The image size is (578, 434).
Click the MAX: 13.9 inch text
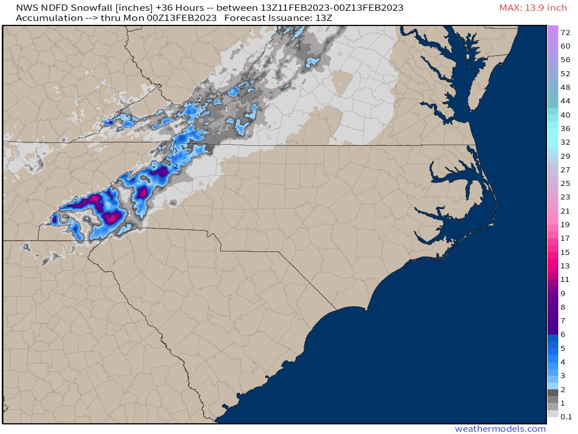tap(533, 8)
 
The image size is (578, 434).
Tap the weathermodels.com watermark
tap(500, 429)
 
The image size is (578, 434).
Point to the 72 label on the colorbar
tap(565, 33)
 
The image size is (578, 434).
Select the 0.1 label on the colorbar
tap(566, 416)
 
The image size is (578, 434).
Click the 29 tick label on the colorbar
tap(565, 156)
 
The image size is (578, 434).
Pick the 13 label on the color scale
tap(565, 266)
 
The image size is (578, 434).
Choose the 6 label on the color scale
tap(563, 334)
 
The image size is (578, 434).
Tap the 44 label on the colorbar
tap(565, 101)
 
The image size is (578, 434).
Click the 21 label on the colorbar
tap(565, 211)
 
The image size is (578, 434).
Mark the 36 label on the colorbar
tap(565, 129)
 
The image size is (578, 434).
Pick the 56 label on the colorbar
tap(565, 60)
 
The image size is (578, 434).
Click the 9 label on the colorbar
tap(563, 293)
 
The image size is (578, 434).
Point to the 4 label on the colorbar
tap(563, 362)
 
